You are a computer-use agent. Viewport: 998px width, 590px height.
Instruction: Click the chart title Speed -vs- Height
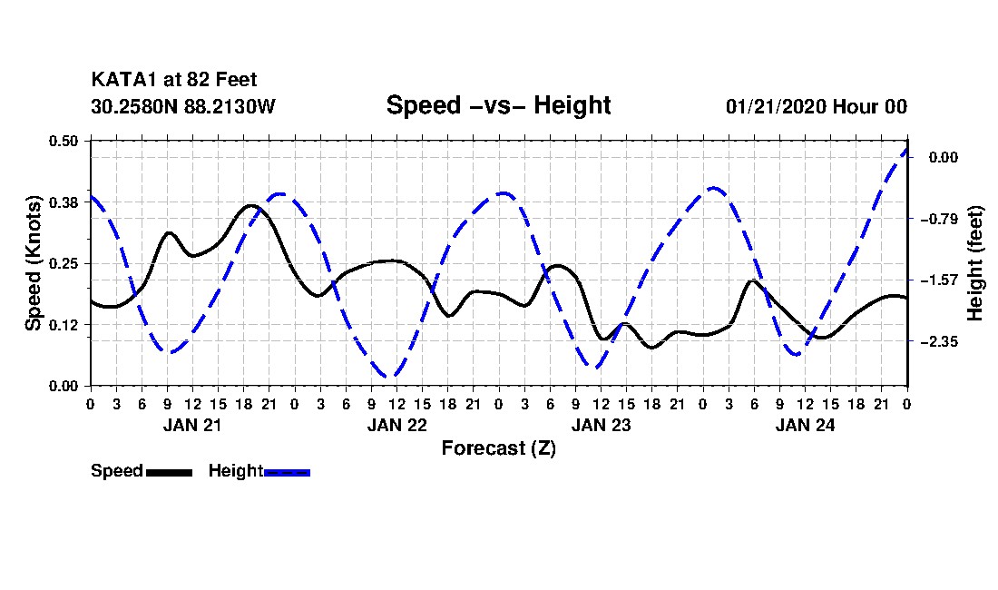(x=498, y=105)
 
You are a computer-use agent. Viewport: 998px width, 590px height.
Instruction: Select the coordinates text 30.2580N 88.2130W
(x=182, y=107)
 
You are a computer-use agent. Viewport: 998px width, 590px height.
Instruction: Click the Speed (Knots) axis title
(x=34, y=263)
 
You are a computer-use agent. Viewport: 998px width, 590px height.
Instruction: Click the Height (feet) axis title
(x=976, y=263)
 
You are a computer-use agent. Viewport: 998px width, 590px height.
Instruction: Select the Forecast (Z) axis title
(x=498, y=448)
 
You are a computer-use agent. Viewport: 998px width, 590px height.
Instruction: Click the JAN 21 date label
(x=191, y=425)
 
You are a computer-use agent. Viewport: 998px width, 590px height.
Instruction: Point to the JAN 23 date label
(x=601, y=425)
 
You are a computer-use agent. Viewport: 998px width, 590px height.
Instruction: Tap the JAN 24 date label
(x=805, y=425)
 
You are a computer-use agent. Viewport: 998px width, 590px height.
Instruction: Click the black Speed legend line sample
(x=169, y=472)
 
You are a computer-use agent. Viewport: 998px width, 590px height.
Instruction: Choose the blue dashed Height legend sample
(x=287, y=472)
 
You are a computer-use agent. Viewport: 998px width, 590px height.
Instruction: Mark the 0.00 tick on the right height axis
(x=942, y=157)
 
